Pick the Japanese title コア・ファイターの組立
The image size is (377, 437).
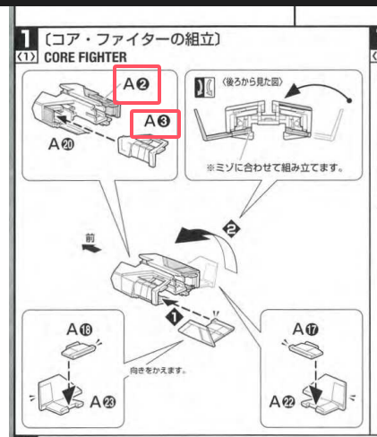tap(125, 40)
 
